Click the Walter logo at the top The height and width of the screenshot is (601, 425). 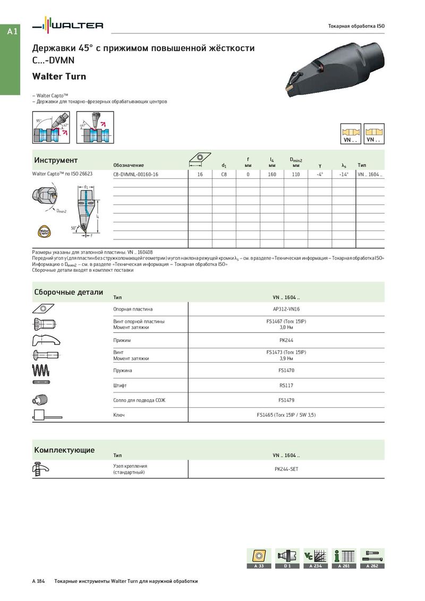(x=68, y=25)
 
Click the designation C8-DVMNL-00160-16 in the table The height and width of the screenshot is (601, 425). (x=135, y=174)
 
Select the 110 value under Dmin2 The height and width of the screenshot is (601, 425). (x=296, y=174)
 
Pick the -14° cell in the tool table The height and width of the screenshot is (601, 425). (x=343, y=174)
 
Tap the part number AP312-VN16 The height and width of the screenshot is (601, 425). (x=286, y=309)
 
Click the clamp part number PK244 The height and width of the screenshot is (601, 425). (x=286, y=340)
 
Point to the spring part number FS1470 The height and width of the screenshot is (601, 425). (x=286, y=370)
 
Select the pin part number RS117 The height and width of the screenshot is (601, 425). (x=286, y=385)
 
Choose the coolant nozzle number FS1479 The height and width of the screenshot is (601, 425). (x=286, y=400)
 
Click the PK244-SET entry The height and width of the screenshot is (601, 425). (x=286, y=469)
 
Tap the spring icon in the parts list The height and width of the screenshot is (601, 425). (x=42, y=370)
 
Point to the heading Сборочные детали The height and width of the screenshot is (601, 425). (x=69, y=293)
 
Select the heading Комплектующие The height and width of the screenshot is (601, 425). (x=64, y=450)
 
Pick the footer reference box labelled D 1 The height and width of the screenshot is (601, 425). (x=287, y=559)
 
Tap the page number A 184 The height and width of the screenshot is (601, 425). (x=38, y=581)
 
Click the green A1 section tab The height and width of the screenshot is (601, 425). (x=12, y=32)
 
